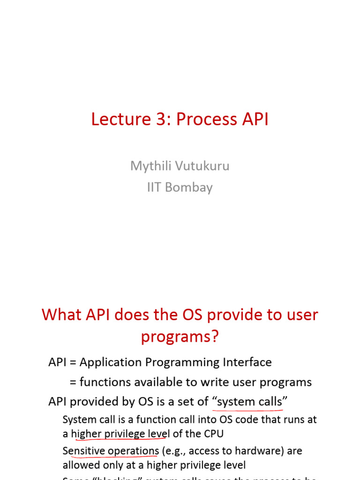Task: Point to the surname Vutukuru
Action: tap(202, 166)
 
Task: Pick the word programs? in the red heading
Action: tap(180, 337)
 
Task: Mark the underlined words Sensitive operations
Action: tap(111, 451)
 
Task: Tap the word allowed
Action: tap(79, 465)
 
